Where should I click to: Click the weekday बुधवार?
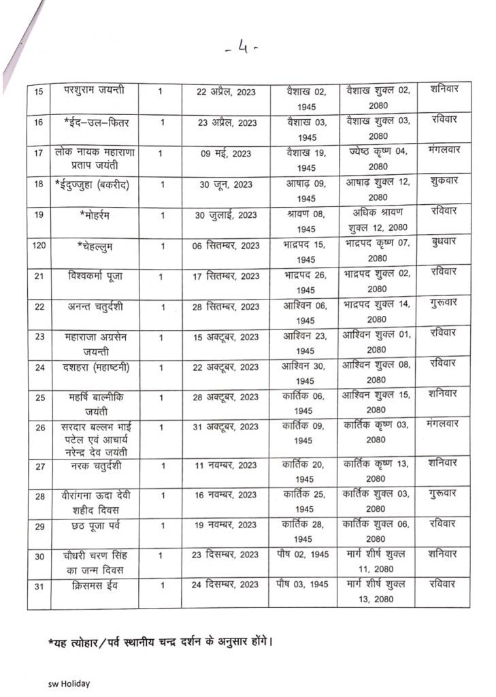point(443,242)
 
